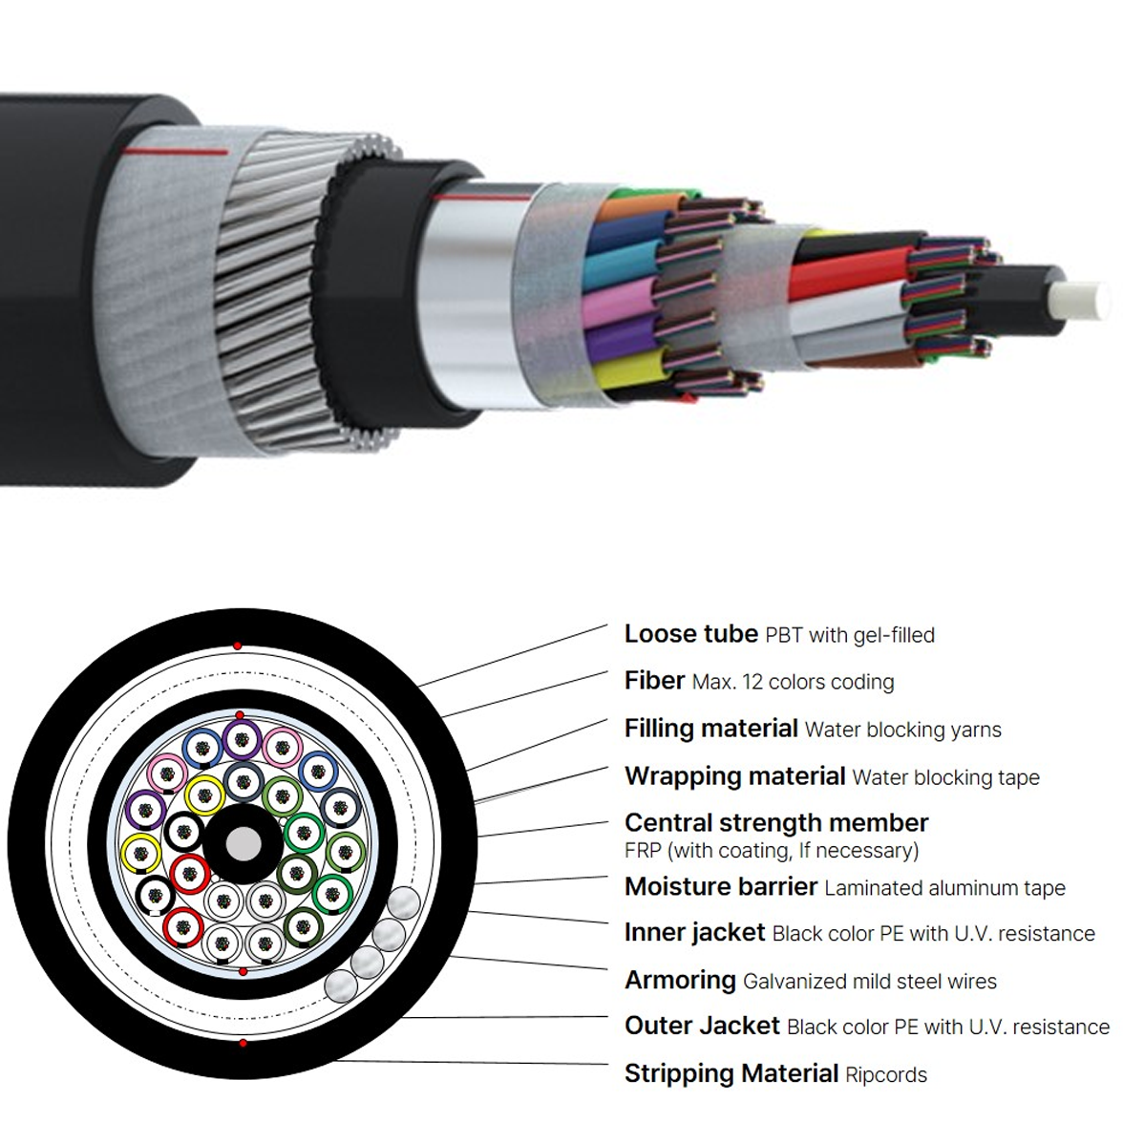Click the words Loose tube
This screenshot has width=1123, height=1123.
(x=691, y=634)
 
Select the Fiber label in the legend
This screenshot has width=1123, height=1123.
(x=655, y=680)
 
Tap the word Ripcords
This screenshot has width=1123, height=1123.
(x=886, y=1074)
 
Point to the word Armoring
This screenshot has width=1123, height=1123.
(x=680, y=981)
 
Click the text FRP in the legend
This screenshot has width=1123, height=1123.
(x=643, y=850)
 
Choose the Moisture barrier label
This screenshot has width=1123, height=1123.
(x=721, y=886)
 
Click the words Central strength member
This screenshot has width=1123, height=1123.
(x=776, y=823)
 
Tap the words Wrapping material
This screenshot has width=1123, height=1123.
(x=735, y=776)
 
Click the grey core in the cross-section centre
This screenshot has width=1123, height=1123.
(x=244, y=844)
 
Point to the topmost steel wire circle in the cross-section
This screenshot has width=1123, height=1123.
(x=402, y=903)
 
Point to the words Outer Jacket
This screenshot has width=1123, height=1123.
(x=702, y=1026)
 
